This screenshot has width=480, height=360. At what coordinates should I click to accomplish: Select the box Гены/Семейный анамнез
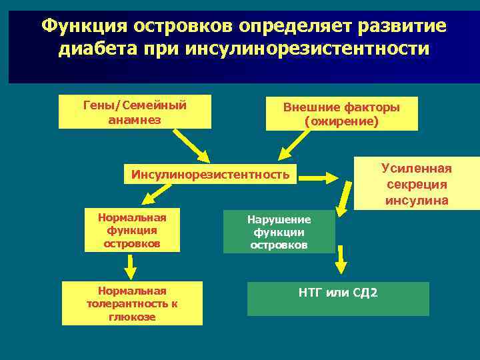point(135,111)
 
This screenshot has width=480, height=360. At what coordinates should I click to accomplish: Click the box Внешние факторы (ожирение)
point(341,113)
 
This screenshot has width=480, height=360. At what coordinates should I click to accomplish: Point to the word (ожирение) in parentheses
point(341,121)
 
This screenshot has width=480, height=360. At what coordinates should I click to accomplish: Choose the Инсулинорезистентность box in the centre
point(211,175)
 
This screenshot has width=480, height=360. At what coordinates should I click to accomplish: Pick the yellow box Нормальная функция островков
point(132,230)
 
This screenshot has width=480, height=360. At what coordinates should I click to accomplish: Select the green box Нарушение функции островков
point(279,232)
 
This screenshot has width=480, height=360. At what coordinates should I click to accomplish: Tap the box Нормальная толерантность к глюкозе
point(132,303)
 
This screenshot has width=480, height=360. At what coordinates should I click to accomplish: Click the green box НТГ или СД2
point(338,299)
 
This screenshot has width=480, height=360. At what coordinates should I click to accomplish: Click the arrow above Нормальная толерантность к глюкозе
point(131,267)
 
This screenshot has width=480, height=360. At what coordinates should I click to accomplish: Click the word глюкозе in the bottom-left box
point(132,317)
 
